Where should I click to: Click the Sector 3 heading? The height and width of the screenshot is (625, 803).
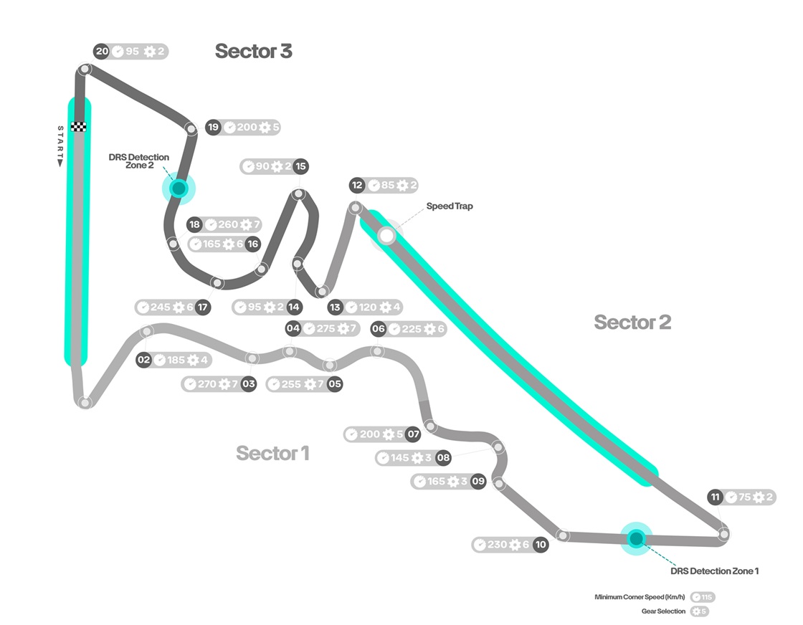coord(253,52)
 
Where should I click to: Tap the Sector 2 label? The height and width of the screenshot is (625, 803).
coord(632,323)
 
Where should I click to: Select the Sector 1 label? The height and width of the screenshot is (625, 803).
coord(272,453)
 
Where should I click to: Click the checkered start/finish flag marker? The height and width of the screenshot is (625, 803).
coord(79,126)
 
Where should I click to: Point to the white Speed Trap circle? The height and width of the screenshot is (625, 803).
coord(387,235)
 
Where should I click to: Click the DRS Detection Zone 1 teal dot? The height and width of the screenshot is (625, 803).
coord(636,538)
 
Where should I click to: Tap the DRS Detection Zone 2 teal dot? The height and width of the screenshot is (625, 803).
coord(179,189)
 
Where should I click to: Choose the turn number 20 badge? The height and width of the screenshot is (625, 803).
coord(102,52)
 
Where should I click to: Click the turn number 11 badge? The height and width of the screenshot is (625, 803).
coord(715,497)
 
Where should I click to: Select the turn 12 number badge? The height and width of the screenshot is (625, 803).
coord(357,185)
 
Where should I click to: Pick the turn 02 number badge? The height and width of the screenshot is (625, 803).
coord(144,360)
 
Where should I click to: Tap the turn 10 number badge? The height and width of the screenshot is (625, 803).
coord(541,545)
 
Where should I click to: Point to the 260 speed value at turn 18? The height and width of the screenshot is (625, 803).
coord(228,225)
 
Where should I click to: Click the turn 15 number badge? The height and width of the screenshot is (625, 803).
coord(300,166)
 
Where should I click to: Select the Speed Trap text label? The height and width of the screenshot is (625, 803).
coord(450,206)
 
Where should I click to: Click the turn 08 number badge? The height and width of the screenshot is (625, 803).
coord(443,458)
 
